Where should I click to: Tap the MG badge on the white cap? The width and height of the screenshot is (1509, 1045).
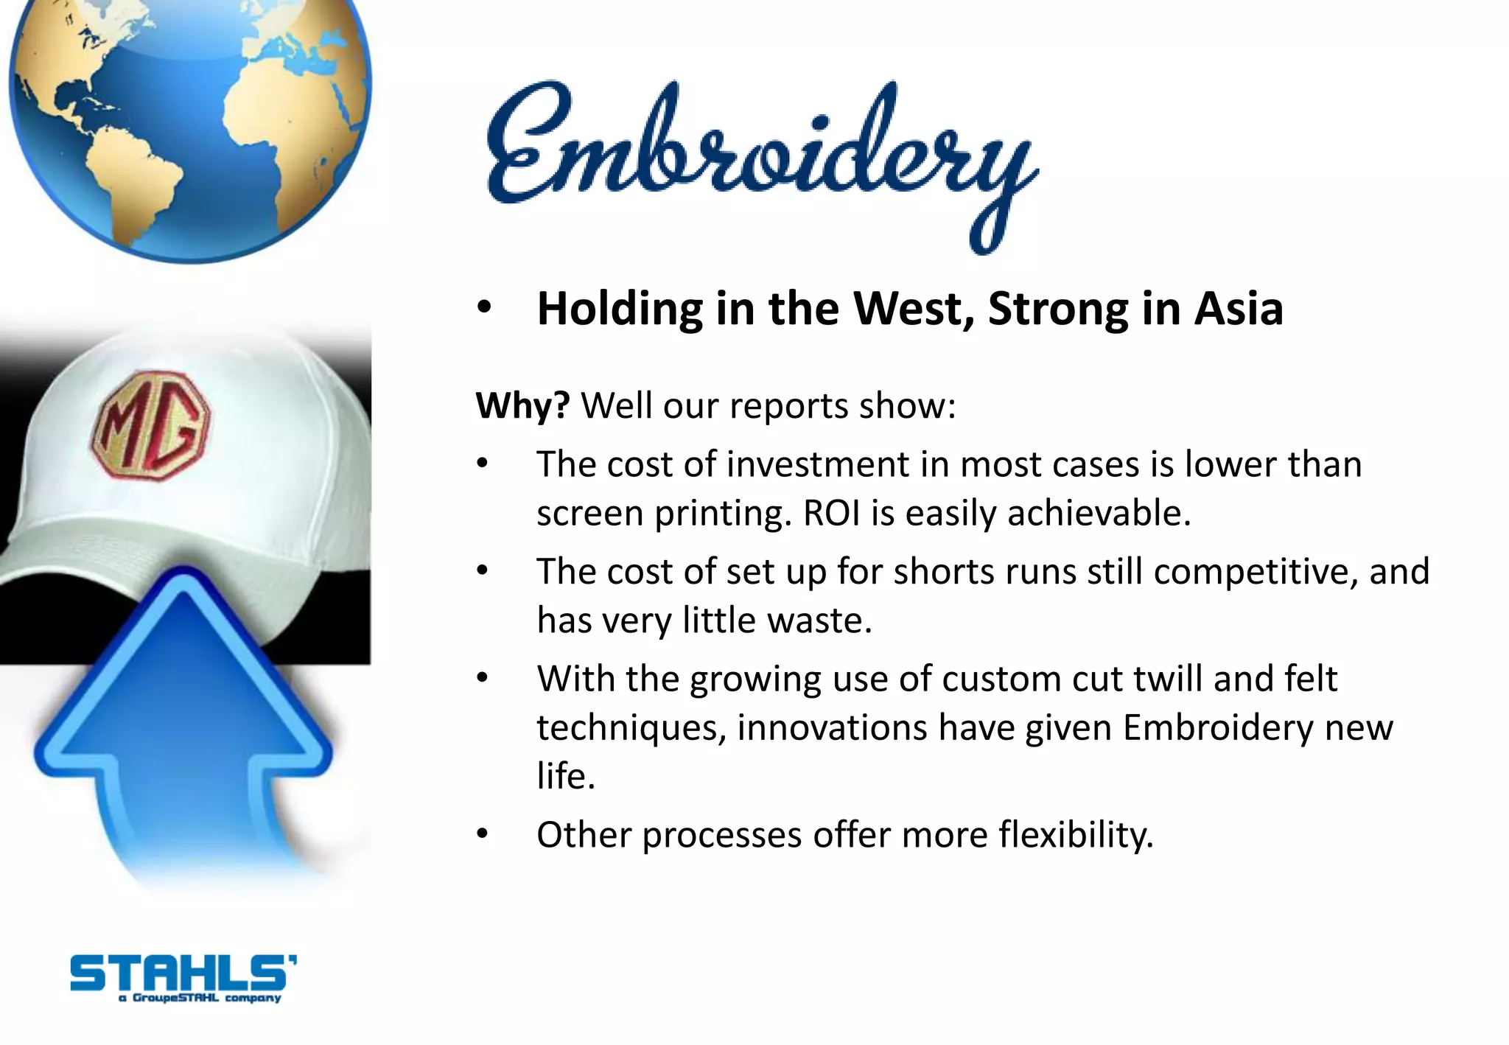coord(151,425)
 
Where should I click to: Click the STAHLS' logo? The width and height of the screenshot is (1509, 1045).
coord(183,976)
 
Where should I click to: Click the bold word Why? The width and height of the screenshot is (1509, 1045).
coord(522,405)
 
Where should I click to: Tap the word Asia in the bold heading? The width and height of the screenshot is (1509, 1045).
coord(1239,308)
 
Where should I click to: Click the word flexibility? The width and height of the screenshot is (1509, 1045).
coord(1076,835)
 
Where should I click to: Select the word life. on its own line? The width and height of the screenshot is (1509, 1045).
coord(566,776)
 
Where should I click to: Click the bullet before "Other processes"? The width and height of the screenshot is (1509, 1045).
coord(483,834)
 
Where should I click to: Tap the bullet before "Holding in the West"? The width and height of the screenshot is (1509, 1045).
coord(483,307)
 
